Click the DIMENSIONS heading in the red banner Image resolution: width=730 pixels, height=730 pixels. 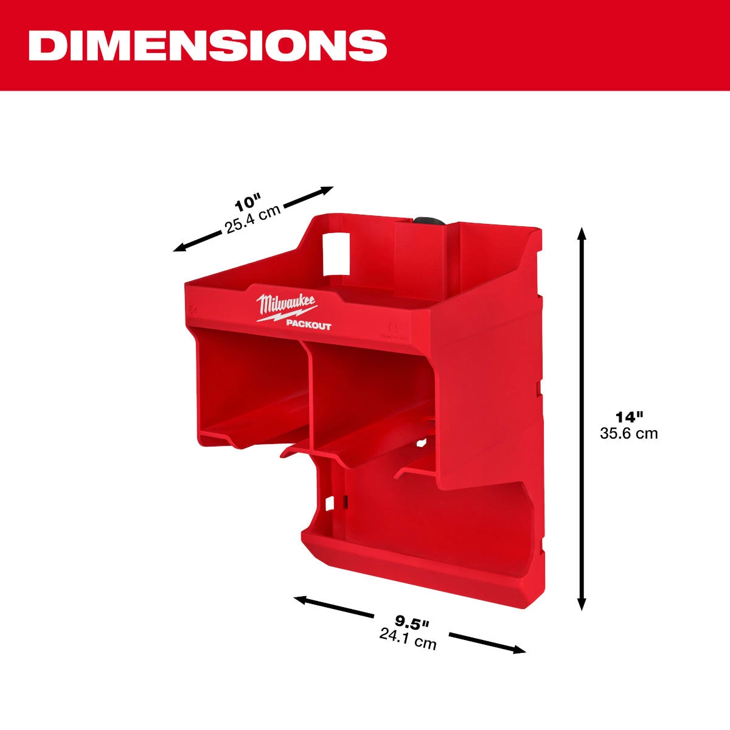pos(207,46)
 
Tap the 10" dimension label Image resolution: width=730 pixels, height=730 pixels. pos(248,204)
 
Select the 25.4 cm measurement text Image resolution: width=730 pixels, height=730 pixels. pos(252,220)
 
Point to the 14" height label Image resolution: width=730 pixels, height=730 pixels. pos(629,417)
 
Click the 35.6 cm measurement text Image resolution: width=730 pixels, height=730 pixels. pos(629,433)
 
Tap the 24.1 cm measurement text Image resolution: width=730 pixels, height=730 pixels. pos(408,639)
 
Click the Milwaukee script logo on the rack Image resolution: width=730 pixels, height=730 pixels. pos(286,305)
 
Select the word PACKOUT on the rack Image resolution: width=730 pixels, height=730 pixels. pos(308,325)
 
